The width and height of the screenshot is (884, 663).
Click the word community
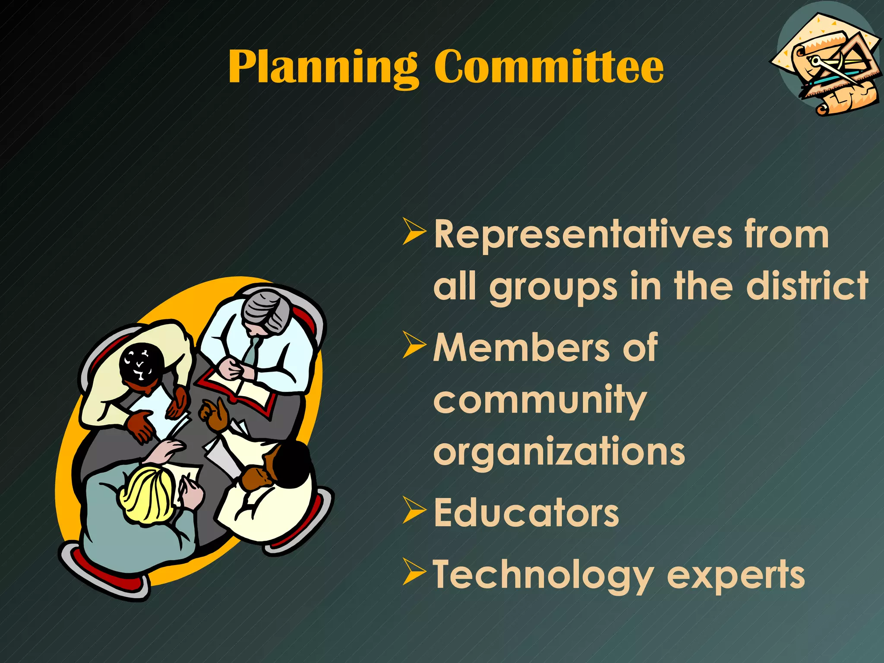click(540, 401)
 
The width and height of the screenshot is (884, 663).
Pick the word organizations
click(559, 451)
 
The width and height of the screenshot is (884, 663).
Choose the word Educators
click(526, 513)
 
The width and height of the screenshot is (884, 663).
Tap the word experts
click(736, 576)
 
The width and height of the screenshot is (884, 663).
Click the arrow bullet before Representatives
click(414, 232)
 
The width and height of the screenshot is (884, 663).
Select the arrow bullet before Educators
click(414, 510)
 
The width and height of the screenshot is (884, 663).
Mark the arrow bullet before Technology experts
click(414, 572)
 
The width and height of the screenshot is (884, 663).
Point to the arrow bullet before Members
click(414, 345)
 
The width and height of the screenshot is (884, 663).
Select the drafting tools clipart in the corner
click(827, 65)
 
